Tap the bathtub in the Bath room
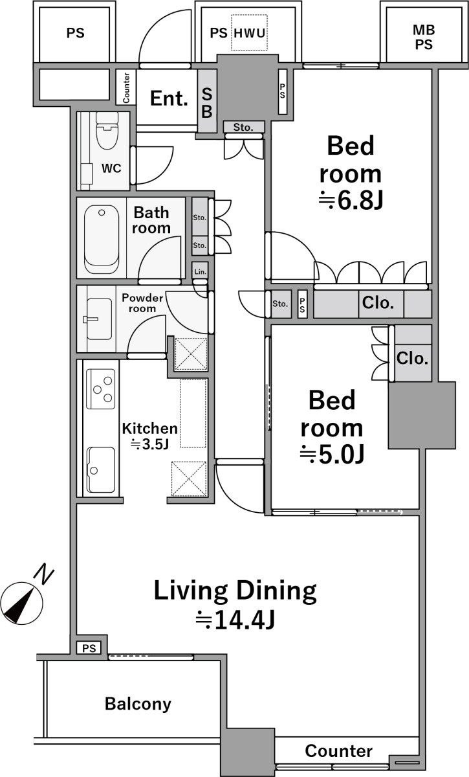pos(101,240)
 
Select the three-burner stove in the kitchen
pos(100,388)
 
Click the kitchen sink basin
pos(100,469)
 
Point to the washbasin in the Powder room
pos(99,319)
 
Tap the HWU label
pos(250,33)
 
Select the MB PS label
pos(424,37)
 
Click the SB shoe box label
pos(207,103)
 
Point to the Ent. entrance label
pos(169,98)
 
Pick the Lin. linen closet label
pos(201,271)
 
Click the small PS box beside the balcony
pos(89,648)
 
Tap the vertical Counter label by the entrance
pos(126,88)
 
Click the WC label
pos(111,168)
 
